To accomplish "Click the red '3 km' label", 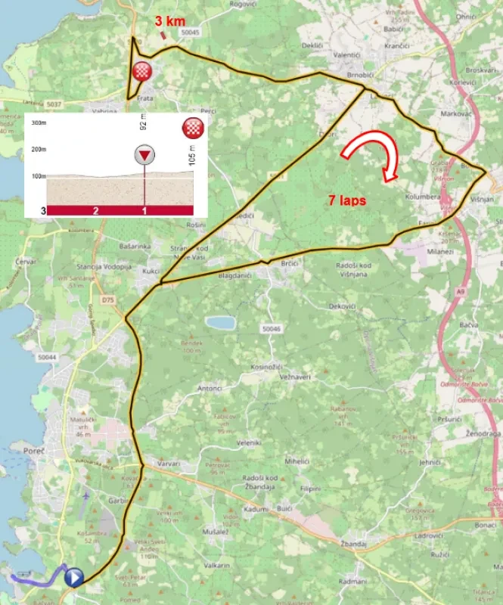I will (169, 22).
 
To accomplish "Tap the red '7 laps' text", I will (348, 200).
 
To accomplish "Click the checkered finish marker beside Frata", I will (141, 73).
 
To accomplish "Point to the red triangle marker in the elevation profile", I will (144, 155).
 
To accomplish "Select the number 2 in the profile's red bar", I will (95, 210).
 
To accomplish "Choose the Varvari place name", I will (168, 464).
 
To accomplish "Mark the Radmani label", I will (353, 581).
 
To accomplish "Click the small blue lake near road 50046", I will (220, 322).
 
